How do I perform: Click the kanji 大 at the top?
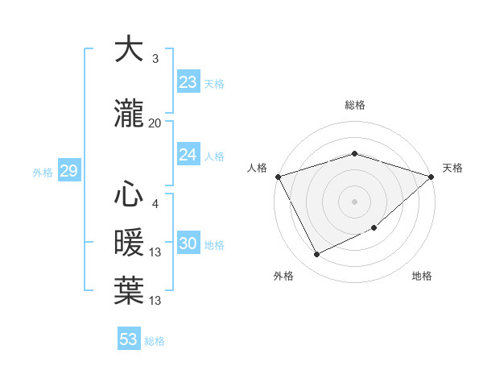(x=129, y=50)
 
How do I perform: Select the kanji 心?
(x=129, y=195)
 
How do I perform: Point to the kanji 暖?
(x=129, y=242)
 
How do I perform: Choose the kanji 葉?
(x=129, y=290)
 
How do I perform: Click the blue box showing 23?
(x=188, y=81)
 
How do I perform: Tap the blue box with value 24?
(x=188, y=155)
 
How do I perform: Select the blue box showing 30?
(x=188, y=244)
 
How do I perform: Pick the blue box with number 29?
(x=68, y=171)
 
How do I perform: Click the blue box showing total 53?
(x=129, y=339)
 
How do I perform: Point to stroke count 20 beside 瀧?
(x=155, y=123)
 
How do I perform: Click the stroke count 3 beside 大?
(x=155, y=58)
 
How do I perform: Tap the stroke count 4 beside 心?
(x=155, y=204)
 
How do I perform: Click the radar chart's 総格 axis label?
(x=355, y=105)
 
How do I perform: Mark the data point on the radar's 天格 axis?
(x=432, y=177)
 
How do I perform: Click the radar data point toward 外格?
(x=316, y=255)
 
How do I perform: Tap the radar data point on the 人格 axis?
(x=278, y=177)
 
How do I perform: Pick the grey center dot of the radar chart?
(x=355, y=201)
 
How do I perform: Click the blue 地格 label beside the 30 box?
(x=214, y=244)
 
